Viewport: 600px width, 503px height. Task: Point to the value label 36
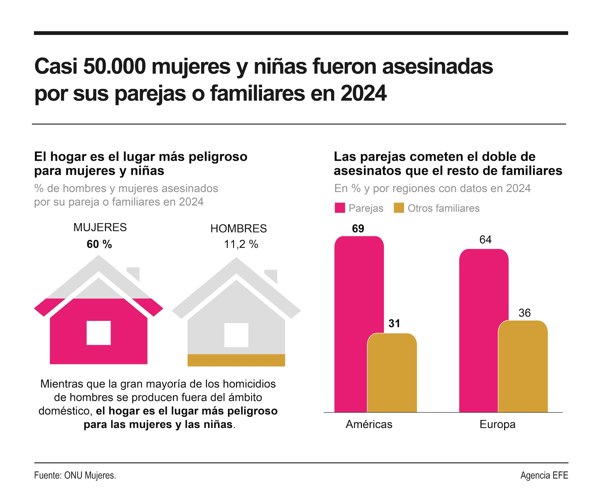(525, 313)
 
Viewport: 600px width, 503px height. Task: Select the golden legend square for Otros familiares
(399, 208)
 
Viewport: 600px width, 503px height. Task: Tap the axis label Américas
(369, 425)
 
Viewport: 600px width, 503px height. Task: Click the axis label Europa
(497, 425)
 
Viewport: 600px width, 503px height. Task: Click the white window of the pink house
(99, 333)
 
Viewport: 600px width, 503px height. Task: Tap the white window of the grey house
(236, 335)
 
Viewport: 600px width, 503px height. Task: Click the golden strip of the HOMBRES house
(236, 360)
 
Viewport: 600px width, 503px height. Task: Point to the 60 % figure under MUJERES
(99, 244)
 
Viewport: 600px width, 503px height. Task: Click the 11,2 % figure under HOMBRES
(241, 244)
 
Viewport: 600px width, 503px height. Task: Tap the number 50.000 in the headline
(115, 67)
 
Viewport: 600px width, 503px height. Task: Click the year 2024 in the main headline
(364, 93)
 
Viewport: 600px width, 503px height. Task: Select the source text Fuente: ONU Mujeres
(75, 476)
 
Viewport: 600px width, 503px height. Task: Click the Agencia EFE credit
(544, 476)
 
